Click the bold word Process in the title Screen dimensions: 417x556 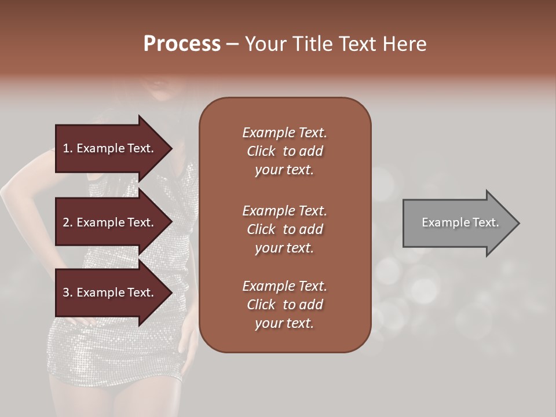(182, 44)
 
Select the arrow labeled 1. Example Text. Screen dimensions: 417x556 (110, 148)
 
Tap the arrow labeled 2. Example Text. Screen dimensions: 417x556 (110, 222)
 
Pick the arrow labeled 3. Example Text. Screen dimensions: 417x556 (110, 292)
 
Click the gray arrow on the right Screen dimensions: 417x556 (458, 222)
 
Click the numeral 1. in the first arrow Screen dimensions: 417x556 (68, 148)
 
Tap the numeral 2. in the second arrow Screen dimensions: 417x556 (68, 222)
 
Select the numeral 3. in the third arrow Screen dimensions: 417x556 (68, 292)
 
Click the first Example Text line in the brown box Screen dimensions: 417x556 (284, 133)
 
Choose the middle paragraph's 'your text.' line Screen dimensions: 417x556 (284, 248)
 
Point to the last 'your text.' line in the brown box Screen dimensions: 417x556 (284, 323)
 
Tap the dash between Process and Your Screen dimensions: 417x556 (232, 44)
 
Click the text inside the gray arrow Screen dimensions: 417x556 (460, 222)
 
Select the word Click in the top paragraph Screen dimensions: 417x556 (261, 151)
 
